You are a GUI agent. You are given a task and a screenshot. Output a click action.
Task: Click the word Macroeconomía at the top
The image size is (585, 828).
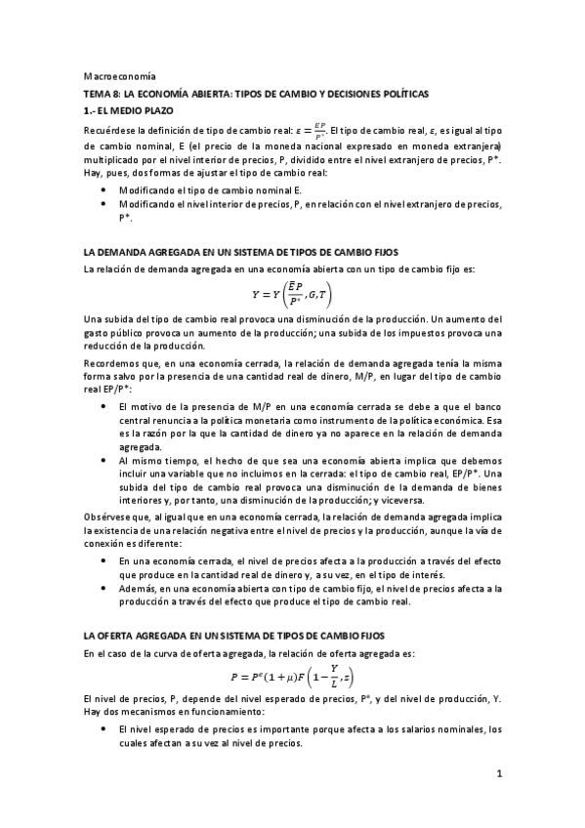click(x=112, y=76)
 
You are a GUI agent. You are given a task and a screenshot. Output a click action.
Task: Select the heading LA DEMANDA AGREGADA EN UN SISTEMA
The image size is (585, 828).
click(x=240, y=251)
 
